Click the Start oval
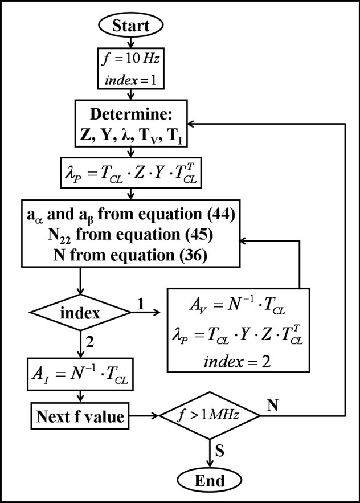point(132,25)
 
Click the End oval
point(210,480)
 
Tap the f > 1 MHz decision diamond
point(210,416)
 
